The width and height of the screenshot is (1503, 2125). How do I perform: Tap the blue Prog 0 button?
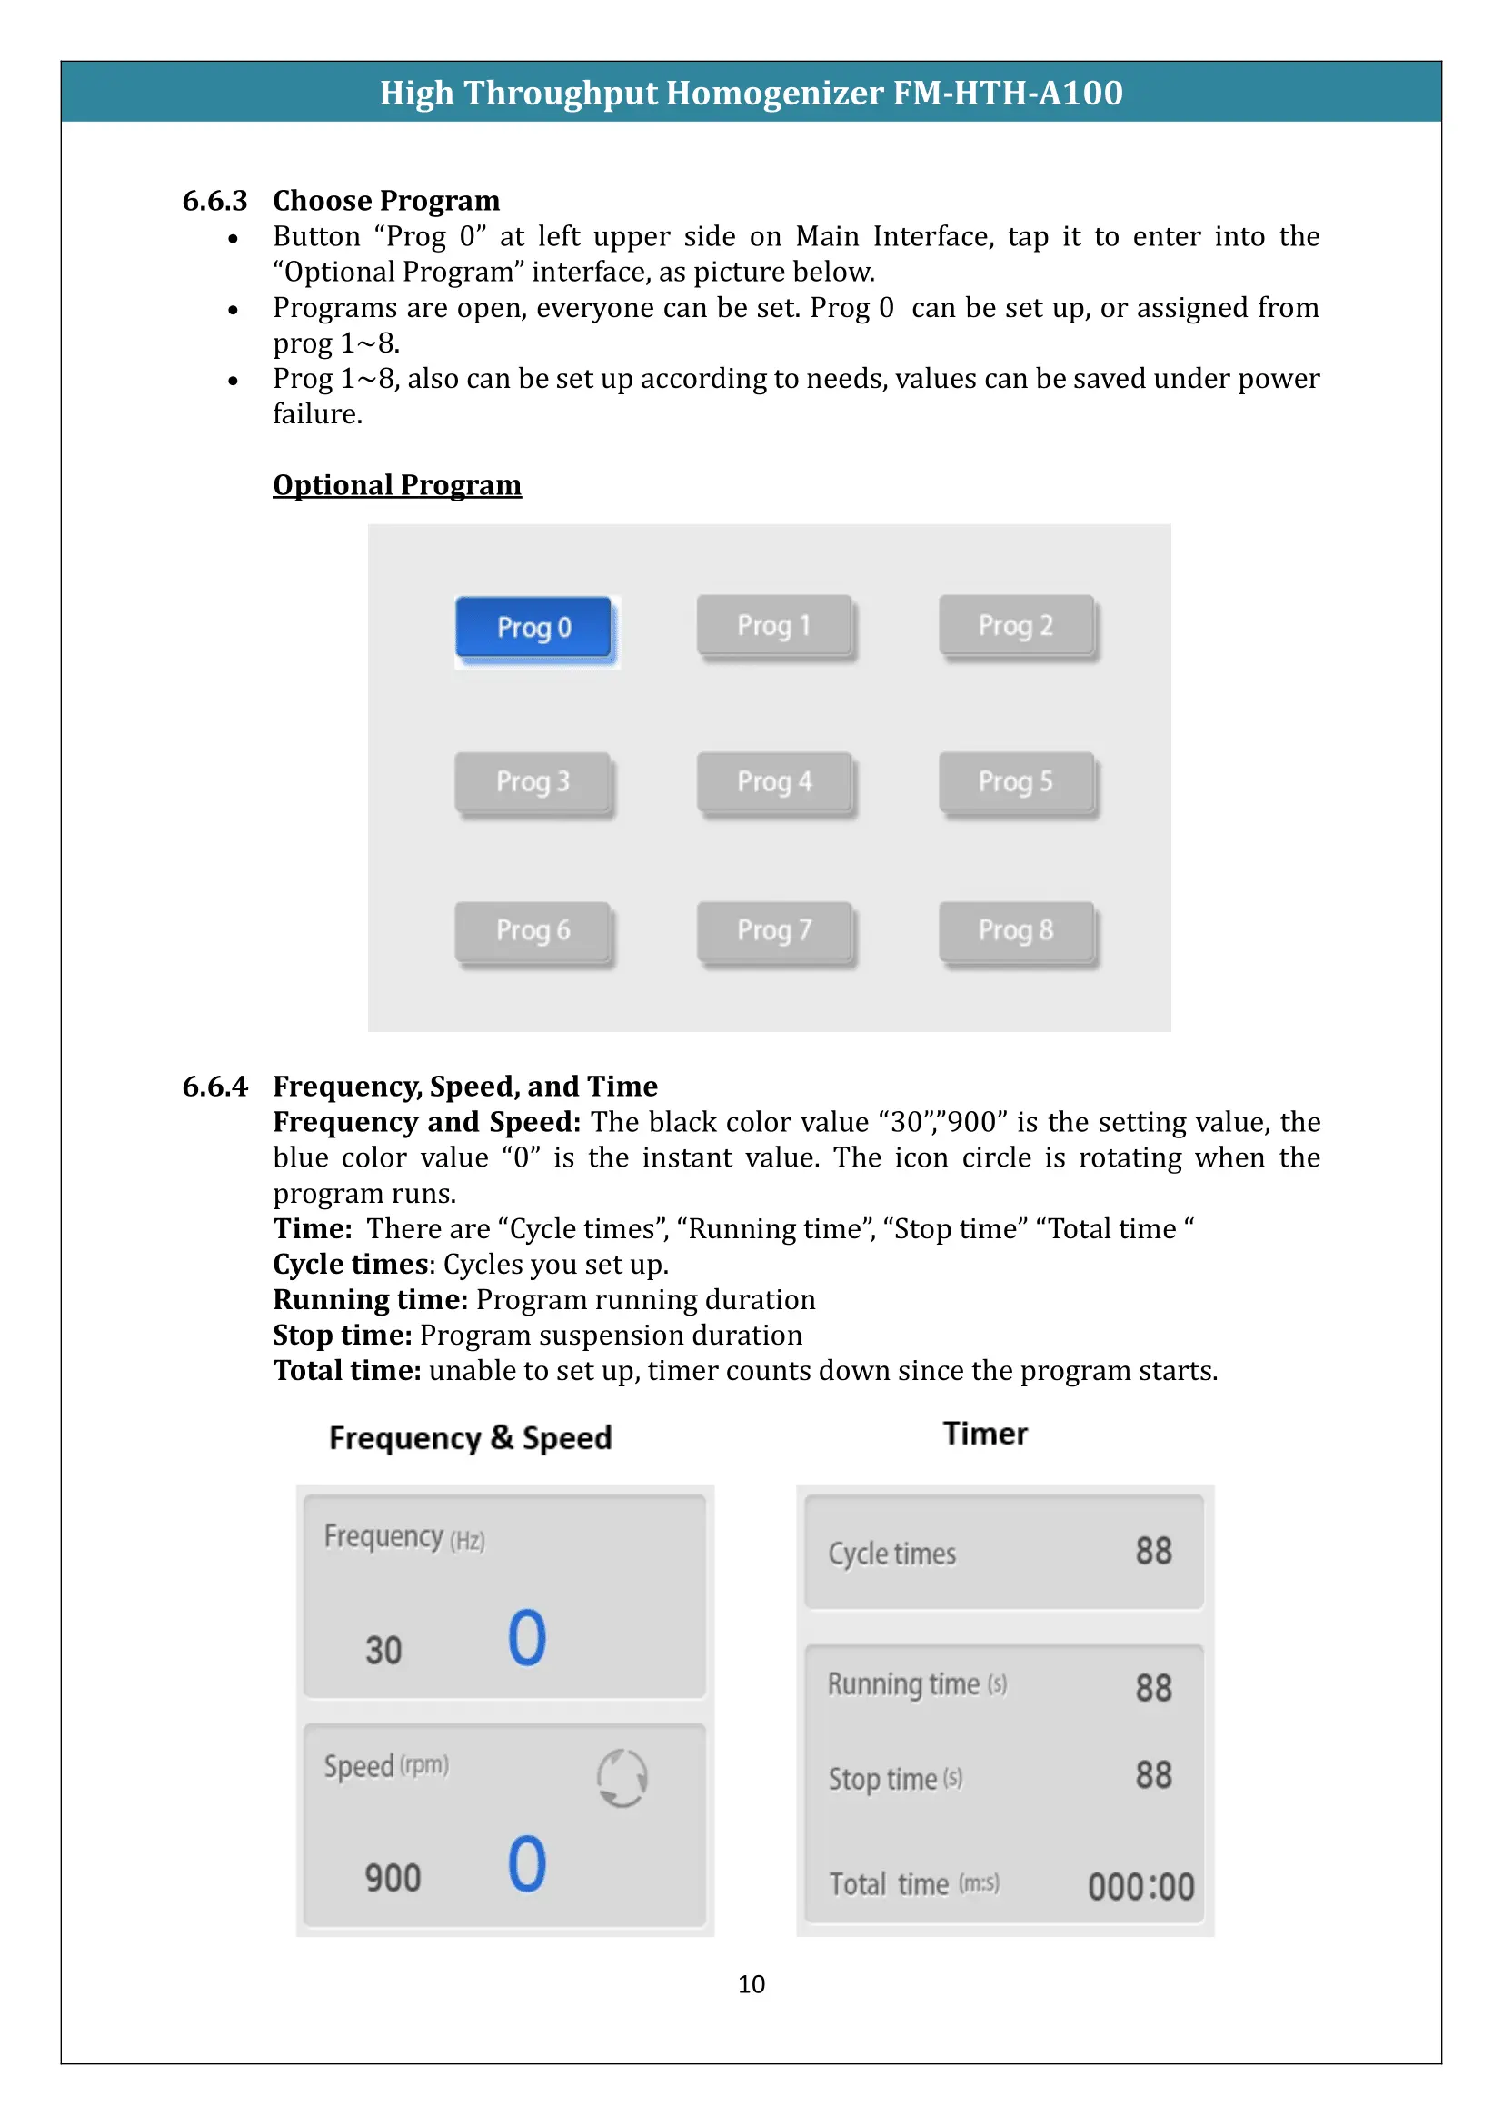534,628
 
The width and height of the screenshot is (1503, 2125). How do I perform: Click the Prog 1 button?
773,626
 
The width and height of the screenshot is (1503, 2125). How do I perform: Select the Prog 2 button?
1015,626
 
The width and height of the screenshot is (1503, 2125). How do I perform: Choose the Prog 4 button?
773,782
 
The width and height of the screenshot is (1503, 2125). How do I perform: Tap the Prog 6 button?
533,930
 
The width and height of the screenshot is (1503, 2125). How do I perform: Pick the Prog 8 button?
1015,930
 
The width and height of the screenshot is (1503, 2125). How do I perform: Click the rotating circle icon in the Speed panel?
622,1777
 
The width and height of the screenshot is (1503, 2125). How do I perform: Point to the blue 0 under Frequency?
527,1637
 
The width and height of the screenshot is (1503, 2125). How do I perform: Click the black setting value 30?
383,1650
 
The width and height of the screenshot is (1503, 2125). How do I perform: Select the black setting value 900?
393,1878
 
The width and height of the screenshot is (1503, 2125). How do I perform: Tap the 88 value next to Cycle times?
1153,1551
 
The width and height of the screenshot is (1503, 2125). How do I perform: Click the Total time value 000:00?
1140,1886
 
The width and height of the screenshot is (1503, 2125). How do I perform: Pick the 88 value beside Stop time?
1153,1775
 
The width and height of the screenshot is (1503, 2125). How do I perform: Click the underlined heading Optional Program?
397,485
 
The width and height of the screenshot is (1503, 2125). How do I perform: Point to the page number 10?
751,1983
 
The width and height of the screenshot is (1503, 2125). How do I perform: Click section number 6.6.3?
214,201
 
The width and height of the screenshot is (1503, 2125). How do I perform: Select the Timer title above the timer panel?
985,1434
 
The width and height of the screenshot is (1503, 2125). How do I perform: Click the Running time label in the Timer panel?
903,1684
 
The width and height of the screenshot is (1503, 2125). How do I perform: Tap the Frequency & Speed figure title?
470,1437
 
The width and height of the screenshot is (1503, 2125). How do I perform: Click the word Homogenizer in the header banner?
773,93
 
